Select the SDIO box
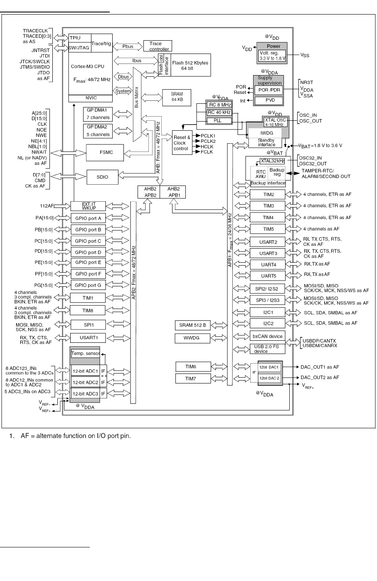tap(102, 177)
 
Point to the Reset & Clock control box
tap(182, 143)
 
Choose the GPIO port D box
tap(88, 252)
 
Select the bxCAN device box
tap(267, 336)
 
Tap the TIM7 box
tap(190, 378)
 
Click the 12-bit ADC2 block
tap(85, 382)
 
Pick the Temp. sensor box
tap(85, 354)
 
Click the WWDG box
tap(192, 338)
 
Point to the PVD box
tap(268, 100)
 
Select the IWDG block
tap(267, 133)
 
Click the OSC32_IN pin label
tap(310, 158)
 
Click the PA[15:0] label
tap(44, 217)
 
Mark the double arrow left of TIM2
tap(241, 195)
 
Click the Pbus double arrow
tap(128, 46)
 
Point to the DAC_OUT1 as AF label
tap(320, 367)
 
